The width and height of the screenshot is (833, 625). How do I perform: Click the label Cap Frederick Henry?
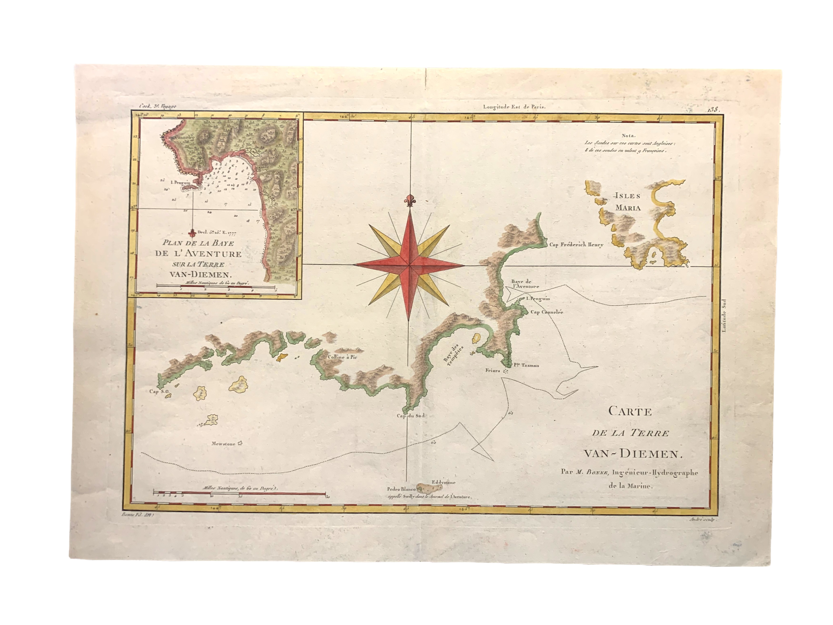(576, 245)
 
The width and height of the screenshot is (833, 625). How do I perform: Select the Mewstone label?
(223, 444)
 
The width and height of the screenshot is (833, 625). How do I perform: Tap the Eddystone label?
(444, 482)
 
